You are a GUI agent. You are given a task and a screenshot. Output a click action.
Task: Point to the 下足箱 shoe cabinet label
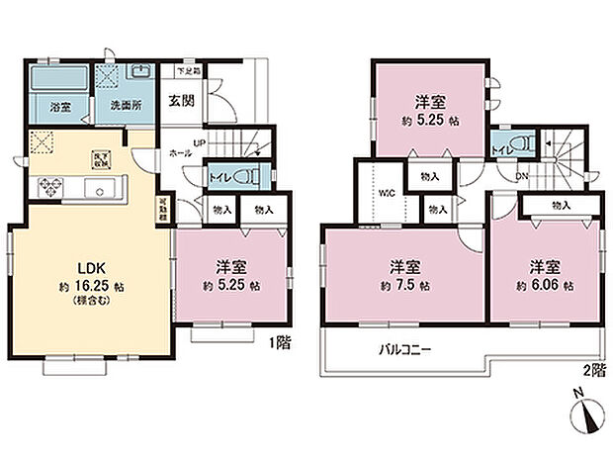(x=189, y=71)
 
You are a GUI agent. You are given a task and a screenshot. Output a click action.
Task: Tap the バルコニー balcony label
(x=404, y=349)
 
